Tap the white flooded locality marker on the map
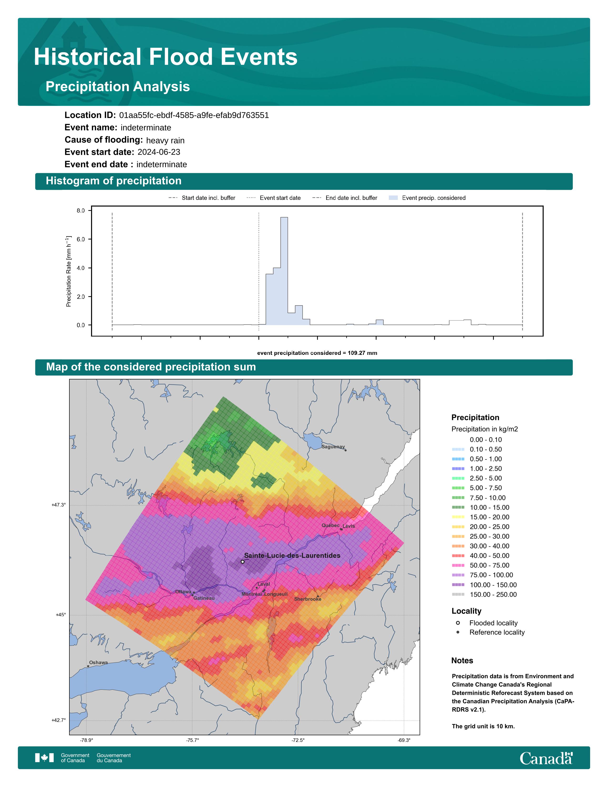click(x=242, y=561)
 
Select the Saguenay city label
click(x=333, y=447)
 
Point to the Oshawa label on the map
click(x=98, y=662)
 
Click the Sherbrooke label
click(x=308, y=599)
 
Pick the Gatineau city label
click(x=204, y=598)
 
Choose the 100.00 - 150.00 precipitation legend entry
click(x=484, y=585)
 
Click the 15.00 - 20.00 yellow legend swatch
click(x=458, y=517)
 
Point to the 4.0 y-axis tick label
click(x=81, y=268)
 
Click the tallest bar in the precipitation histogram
click(x=284, y=271)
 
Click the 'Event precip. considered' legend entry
click(x=427, y=198)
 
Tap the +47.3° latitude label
click(x=59, y=505)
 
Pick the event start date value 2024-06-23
click(x=159, y=152)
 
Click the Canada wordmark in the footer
click(x=546, y=758)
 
